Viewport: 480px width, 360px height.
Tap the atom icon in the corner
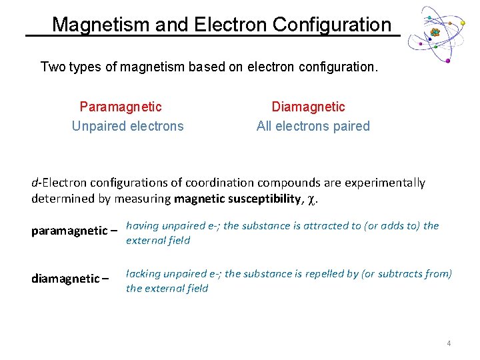click(434, 33)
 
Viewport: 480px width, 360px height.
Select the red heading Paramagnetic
click(121, 107)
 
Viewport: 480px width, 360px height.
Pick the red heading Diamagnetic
click(308, 107)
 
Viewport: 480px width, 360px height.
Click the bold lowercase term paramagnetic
click(69, 231)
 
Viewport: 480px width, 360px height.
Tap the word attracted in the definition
click(325, 225)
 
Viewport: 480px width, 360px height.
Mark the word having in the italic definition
click(142, 225)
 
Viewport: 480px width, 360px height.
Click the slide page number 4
click(449, 343)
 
